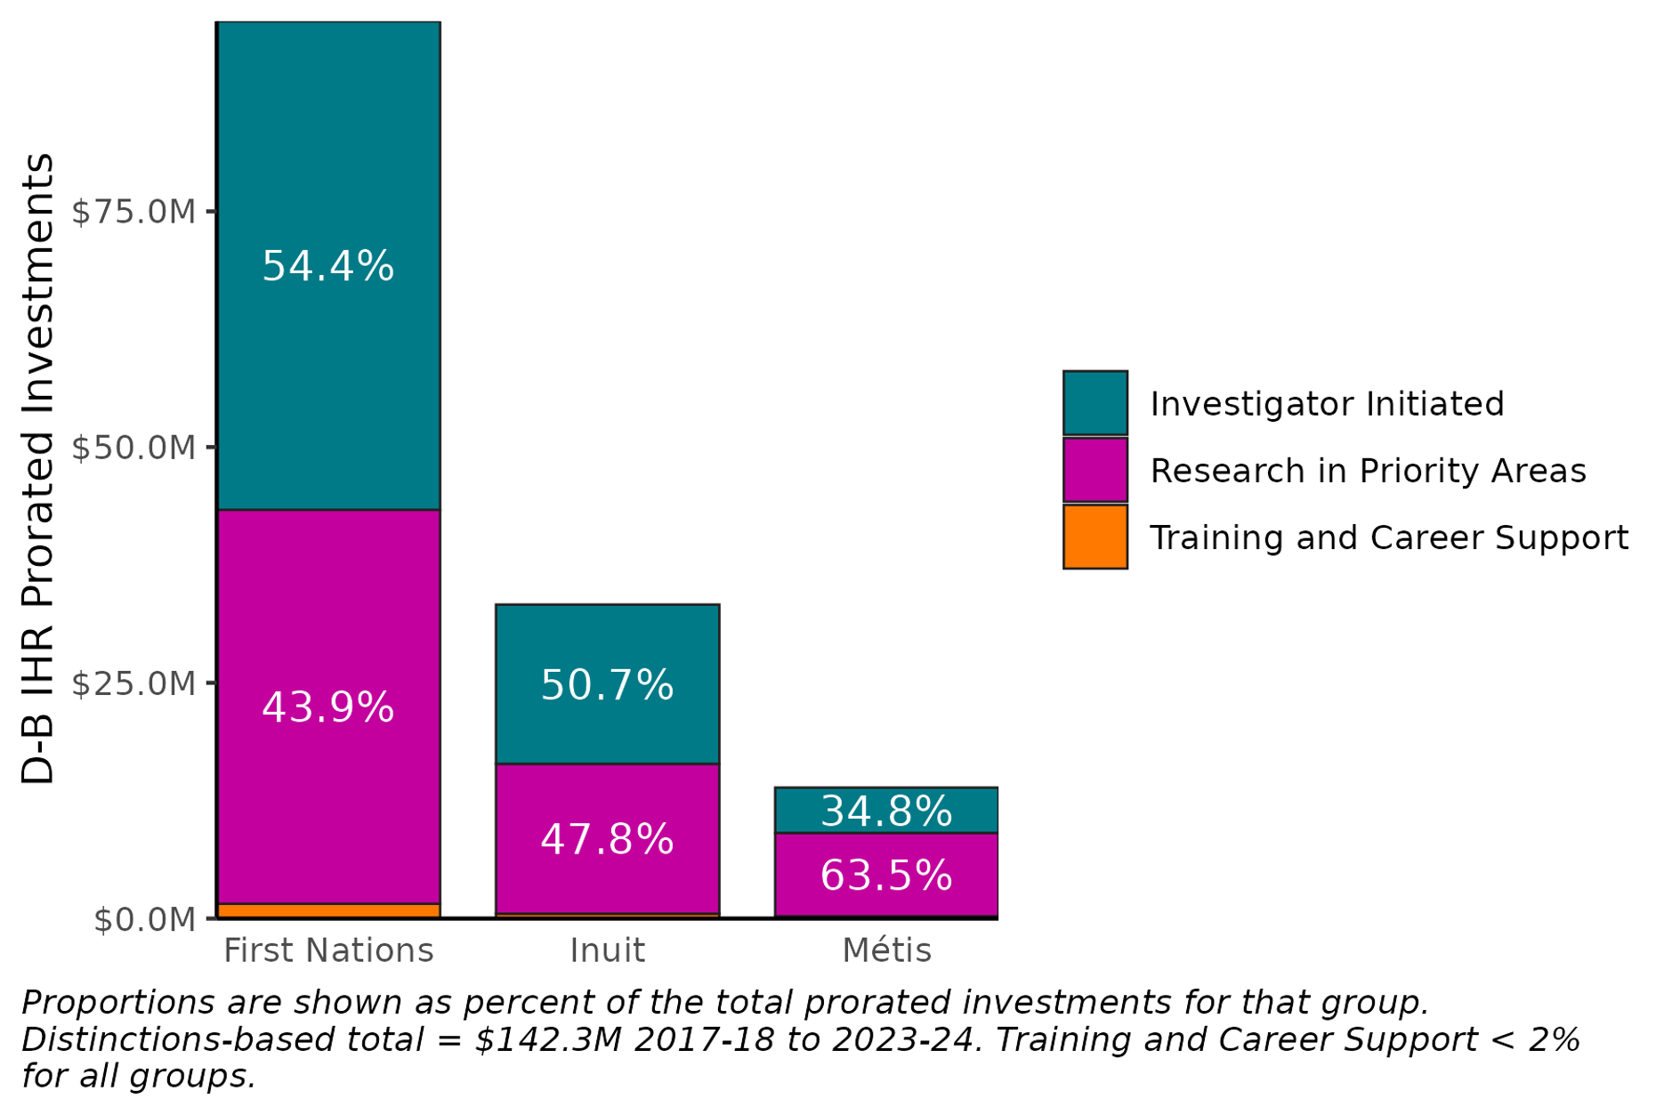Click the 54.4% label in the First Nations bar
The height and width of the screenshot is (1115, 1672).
coord(327,266)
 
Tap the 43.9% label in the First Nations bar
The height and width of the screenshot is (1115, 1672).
coord(327,707)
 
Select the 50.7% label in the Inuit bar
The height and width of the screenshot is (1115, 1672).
coord(607,685)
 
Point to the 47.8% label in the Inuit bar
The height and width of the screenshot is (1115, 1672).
coord(607,839)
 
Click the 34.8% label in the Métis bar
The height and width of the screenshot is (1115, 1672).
coord(886,811)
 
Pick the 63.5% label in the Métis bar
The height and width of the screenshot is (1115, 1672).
coord(886,876)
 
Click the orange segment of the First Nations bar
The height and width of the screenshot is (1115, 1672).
coord(327,910)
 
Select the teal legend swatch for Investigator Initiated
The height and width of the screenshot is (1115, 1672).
coord(1094,403)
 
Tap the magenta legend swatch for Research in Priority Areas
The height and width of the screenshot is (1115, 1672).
coord(1094,470)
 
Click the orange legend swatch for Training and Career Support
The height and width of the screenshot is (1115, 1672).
coord(1094,537)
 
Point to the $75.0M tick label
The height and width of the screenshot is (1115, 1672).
coord(133,212)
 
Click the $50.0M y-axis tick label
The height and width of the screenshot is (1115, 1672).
coord(133,448)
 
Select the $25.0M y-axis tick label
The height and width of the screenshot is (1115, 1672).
coord(133,683)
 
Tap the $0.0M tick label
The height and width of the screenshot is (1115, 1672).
coord(144,919)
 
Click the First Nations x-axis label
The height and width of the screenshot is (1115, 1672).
coord(327,950)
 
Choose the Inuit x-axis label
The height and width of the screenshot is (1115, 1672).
coord(607,950)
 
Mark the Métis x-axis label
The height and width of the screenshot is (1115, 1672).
coord(886,950)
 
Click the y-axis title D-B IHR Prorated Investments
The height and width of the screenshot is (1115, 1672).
coord(37,468)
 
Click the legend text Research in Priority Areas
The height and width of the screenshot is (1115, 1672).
coord(1368,470)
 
